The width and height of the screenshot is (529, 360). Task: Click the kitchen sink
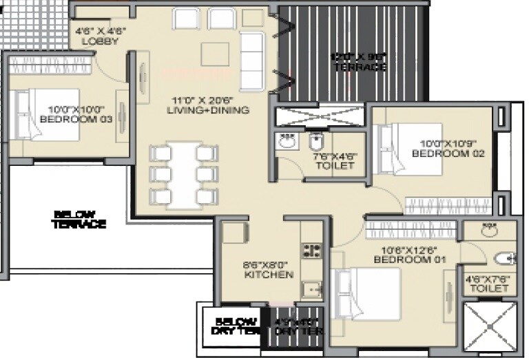[x=313, y=290]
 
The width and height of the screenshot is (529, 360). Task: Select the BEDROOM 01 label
[x=410, y=255]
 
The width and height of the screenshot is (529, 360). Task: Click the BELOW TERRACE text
[x=79, y=220]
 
